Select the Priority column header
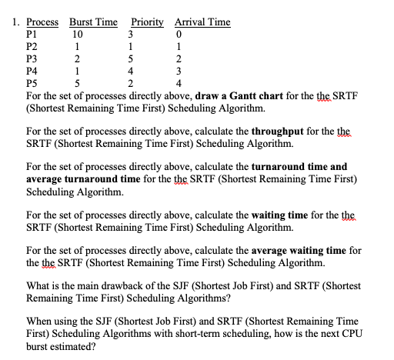pos(147,22)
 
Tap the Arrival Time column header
pos(202,22)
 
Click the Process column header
pos(44,22)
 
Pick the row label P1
pos(32,34)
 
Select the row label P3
pos(32,58)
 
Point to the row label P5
pos(32,83)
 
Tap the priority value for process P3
pos(132,58)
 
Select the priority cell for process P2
pos(132,46)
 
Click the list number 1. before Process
pos(16,22)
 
